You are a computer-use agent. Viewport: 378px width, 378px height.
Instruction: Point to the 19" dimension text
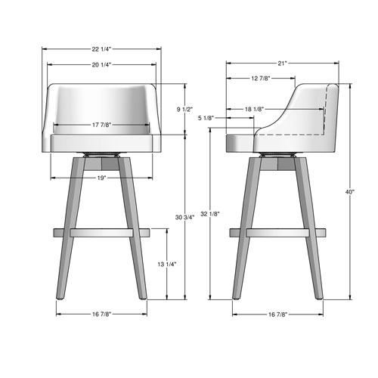(x=101, y=178)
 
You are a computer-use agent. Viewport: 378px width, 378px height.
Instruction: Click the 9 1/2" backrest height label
(x=186, y=110)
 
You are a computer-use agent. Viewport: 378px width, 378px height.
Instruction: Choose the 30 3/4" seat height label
(x=186, y=218)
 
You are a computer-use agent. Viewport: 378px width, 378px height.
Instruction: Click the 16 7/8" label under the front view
(x=101, y=314)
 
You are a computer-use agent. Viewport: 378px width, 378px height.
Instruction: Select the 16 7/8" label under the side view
(x=277, y=314)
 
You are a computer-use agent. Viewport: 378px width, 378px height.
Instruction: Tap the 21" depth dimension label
(x=281, y=64)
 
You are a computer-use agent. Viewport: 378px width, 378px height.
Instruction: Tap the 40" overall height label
(x=350, y=192)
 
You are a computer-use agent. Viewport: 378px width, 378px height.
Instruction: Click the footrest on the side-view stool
(x=277, y=231)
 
